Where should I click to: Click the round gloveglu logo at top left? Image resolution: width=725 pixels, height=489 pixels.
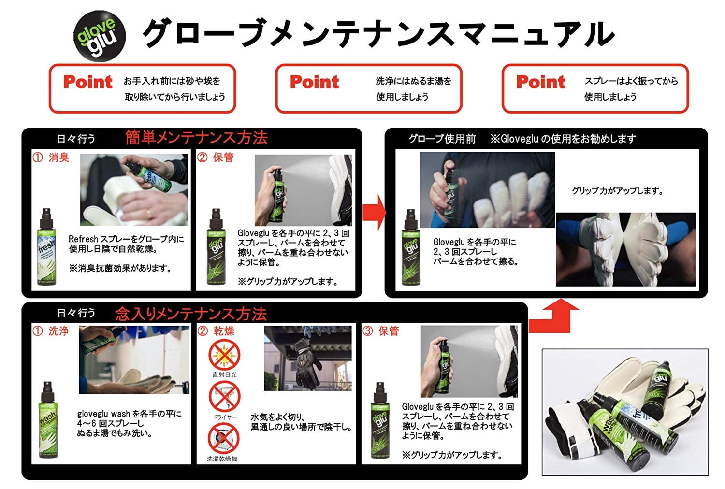pos(99,35)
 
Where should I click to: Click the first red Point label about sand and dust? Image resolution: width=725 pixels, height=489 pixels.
pos(88,82)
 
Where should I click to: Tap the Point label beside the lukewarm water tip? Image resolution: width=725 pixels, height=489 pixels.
pos(314,82)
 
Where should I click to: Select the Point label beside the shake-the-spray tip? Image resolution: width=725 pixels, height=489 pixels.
pos(540,82)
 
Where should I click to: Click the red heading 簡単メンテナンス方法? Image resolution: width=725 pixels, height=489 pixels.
pos(196,138)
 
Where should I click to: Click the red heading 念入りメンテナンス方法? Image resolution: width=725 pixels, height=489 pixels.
pos(191,314)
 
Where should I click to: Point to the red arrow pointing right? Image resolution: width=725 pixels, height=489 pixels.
pos(374,212)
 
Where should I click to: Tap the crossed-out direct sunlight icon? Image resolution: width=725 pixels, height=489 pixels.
pos(224,354)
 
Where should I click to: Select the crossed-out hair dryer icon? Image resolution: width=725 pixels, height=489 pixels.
pos(224,396)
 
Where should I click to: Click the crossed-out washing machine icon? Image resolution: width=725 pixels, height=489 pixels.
pos(224,438)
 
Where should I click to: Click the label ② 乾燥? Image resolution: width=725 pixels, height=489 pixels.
pos(216,331)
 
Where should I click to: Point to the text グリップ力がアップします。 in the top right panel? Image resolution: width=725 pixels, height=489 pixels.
pos(617,191)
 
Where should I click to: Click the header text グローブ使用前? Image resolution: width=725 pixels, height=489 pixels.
pos(442,139)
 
